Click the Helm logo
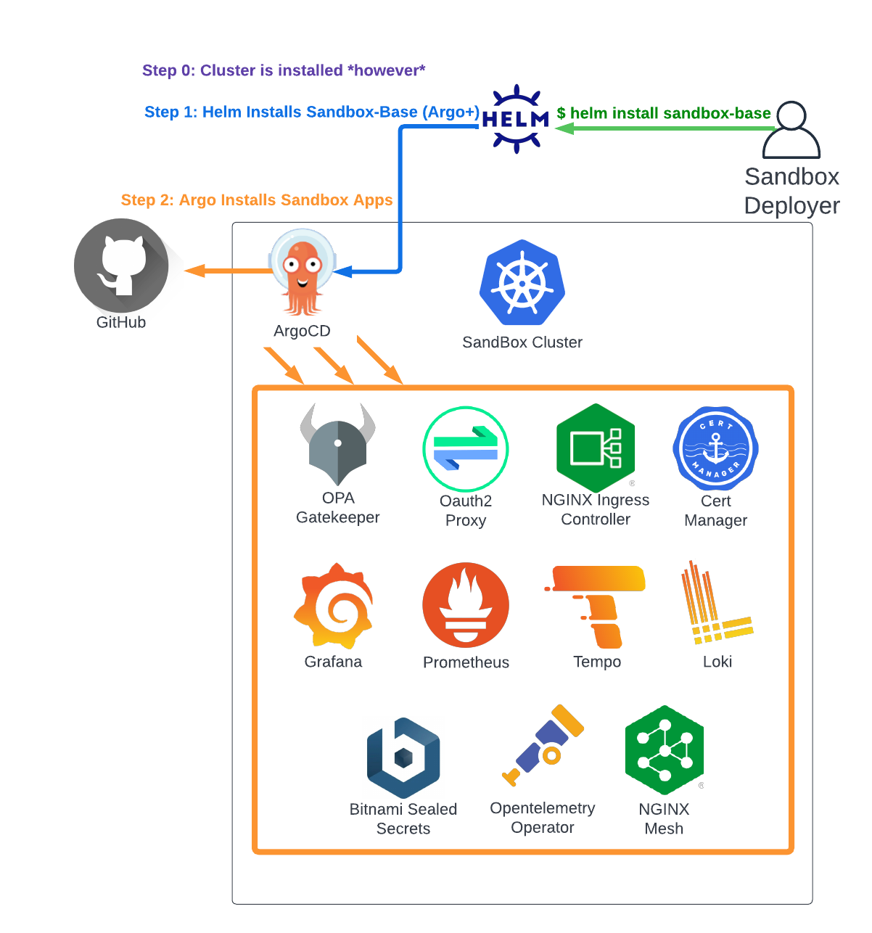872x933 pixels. tap(516, 119)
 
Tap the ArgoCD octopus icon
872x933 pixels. tap(303, 273)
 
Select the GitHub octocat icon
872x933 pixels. tap(121, 266)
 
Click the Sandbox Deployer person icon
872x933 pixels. tap(791, 131)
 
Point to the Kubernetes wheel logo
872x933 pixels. tap(522, 283)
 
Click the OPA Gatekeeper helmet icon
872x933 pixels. tap(338, 445)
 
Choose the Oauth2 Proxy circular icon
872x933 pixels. tap(466, 449)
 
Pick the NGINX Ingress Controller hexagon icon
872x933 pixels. tap(596, 448)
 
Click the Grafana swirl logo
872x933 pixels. tap(334, 605)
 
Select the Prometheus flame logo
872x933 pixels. tap(466, 605)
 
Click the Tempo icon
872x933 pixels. tap(597, 607)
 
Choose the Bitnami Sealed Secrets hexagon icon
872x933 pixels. tap(403, 758)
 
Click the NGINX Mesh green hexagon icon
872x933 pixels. tap(664, 750)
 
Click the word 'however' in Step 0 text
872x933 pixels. tap(386, 70)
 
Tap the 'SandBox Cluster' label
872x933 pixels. tap(522, 342)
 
